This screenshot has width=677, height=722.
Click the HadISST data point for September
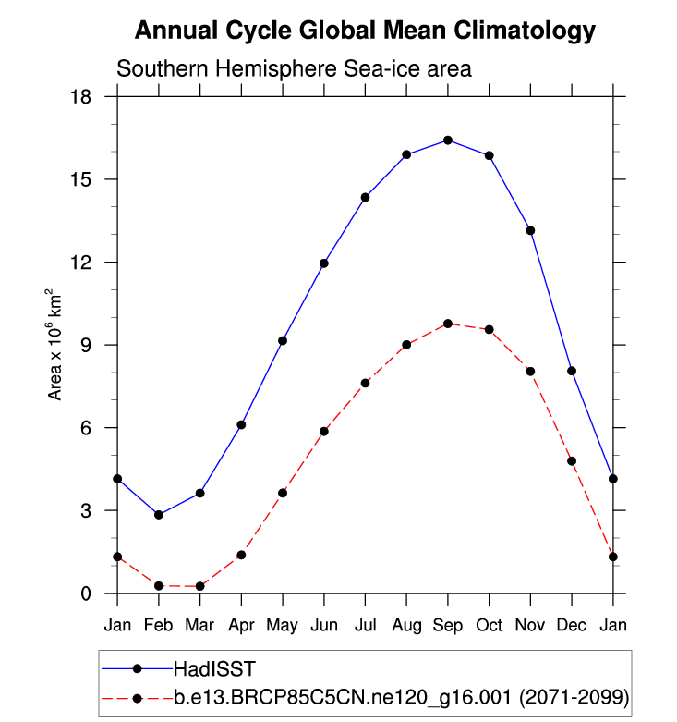point(448,141)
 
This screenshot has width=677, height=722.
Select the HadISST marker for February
point(159,515)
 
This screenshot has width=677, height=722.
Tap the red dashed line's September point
point(448,324)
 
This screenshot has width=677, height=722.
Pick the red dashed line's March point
point(200,586)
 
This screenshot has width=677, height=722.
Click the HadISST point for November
point(530,230)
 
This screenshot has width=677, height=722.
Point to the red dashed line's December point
point(572,461)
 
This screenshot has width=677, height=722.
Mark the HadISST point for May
point(283,341)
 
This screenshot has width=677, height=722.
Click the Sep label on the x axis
point(448,625)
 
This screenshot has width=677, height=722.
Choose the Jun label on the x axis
point(324,625)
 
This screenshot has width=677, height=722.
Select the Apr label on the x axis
point(241,625)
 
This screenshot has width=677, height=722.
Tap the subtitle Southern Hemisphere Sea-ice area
point(294,68)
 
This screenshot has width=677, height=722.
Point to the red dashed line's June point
point(324,432)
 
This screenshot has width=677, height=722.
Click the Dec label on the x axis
point(572,625)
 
